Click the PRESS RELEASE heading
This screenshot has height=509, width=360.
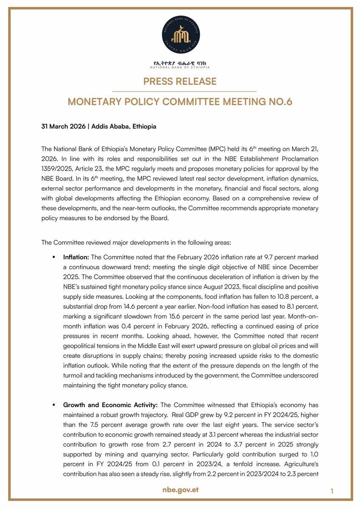[x=180, y=81]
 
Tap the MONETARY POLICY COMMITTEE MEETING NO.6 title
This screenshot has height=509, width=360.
[x=180, y=102]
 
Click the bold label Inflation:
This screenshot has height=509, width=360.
[x=76, y=257]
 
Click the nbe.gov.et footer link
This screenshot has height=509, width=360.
[x=180, y=490]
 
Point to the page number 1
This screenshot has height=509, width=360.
[x=332, y=491]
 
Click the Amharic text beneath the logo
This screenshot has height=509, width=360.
[x=180, y=63]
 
